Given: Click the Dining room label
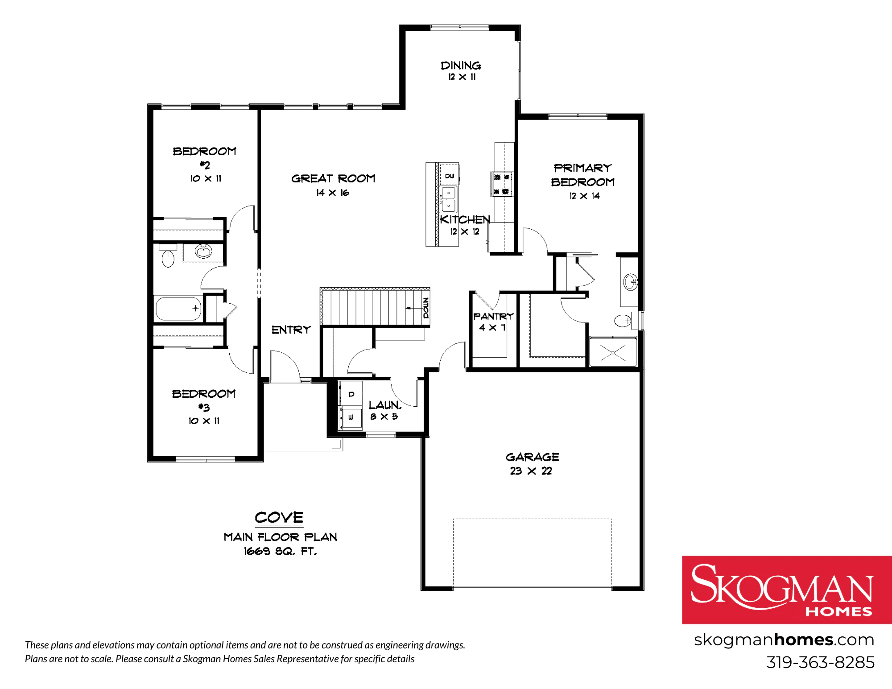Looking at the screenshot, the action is click(461, 66).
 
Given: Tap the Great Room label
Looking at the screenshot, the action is click(333, 178).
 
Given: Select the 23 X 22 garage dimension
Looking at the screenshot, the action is click(531, 471).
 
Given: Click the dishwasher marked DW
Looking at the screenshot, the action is click(450, 175).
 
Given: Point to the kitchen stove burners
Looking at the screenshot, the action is click(502, 184).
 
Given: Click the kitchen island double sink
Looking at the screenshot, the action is click(448, 199).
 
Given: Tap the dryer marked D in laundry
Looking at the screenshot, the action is click(351, 394).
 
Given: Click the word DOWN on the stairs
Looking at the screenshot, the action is click(426, 308).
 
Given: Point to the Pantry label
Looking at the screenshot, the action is click(493, 316).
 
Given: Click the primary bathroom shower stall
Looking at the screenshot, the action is click(613, 352).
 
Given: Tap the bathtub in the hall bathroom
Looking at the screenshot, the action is click(178, 309).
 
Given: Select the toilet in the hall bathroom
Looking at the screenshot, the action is click(168, 256).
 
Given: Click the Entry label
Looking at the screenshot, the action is click(291, 330).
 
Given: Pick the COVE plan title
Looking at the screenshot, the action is click(279, 517).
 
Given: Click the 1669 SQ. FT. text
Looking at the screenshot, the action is click(280, 551).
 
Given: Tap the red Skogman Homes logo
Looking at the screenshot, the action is click(787, 590).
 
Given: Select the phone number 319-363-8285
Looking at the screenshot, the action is click(820, 662).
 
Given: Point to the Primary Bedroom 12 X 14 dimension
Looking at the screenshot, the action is click(584, 196).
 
